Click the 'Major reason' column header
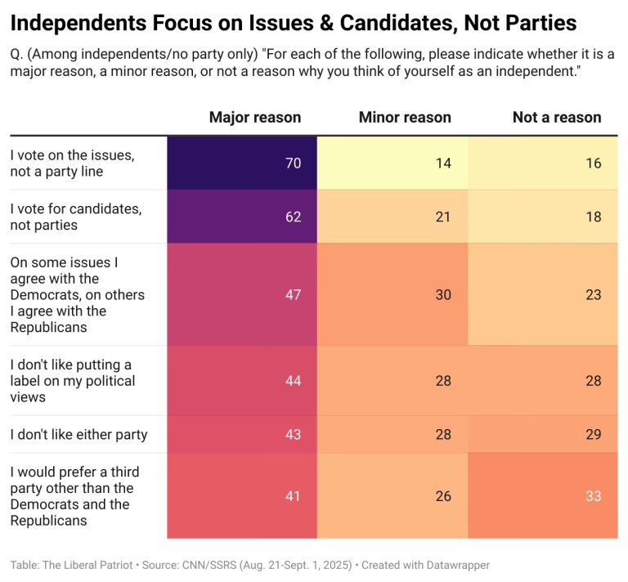tap(255, 117)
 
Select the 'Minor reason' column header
tap(405, 117)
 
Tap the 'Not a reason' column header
tap(557, 117)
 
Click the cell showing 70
tap(242, 163)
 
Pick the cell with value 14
tap(392, 163)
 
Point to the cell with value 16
tap(543, 163)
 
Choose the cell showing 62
tap(242, 217)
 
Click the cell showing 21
tap(392, 217)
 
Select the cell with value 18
tap(543, 217)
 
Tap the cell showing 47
tap(242, 294)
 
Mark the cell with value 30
tap(392, 294)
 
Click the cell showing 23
tap(543, 294)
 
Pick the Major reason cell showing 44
tap(242, 381)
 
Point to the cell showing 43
tap(242, 434)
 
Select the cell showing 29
tap(543, 434)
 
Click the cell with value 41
tap(242, 496)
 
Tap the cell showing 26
tap(392, 496)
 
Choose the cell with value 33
tap(543, 496)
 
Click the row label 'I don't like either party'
tap(78, 434)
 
